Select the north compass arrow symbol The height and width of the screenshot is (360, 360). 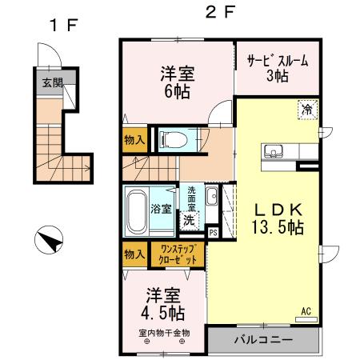click(50, 238)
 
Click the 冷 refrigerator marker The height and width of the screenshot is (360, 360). click(308, 109)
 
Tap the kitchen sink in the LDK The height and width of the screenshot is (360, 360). click(270, 152)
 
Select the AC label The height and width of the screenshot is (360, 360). click(306, 310)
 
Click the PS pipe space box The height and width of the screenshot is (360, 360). click(213, 233)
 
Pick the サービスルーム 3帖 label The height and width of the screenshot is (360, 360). click(277, 67)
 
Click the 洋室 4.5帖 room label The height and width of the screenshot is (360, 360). click(165, 302)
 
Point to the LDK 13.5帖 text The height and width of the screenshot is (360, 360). click(278, 218)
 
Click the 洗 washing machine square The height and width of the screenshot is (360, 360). click(188, 218)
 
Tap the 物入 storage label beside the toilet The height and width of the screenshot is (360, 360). click(134, 140)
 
